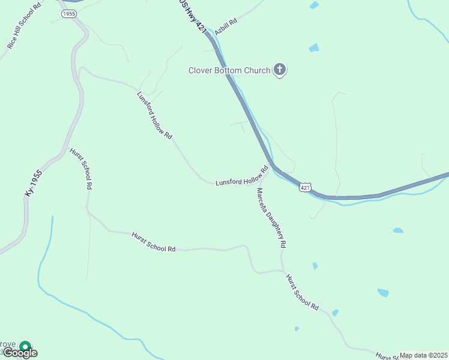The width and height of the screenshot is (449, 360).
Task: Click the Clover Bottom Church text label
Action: coord(229,71)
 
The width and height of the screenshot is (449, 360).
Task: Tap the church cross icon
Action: coord(279,70)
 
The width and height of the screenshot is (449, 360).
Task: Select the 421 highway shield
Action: coord(306,188)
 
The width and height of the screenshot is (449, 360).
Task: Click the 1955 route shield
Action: coord(69,13)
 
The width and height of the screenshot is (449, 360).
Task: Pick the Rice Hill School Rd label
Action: coord(24,26)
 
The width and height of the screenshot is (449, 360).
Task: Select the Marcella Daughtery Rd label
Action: coord(271,218)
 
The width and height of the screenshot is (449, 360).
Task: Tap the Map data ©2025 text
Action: coord(423,355)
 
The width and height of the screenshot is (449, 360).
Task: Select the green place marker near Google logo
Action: coord(25,346)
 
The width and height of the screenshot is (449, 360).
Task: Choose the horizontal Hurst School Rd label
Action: coord(153,241)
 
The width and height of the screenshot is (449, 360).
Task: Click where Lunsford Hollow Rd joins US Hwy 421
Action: coord(271,164)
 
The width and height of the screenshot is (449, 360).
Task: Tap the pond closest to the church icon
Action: coord(314,48)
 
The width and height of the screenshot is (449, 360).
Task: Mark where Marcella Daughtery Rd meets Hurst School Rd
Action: coord(281,271)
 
